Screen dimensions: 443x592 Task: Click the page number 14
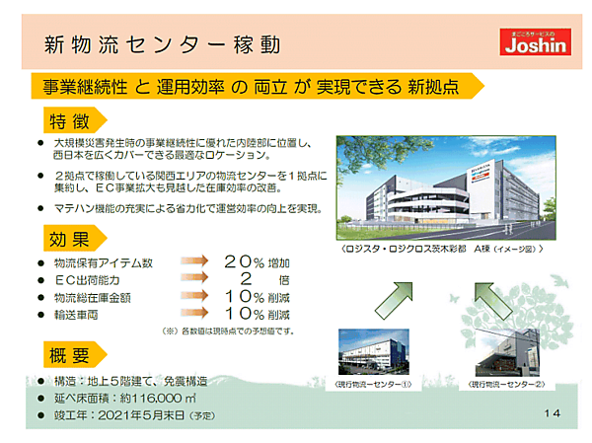pyautogui.click(x=551, y=412)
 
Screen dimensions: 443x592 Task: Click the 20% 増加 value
pyautogui.click(x=257, y=262)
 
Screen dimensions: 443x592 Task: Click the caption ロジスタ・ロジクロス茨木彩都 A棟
pyautogui.click(x=440, y=251)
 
